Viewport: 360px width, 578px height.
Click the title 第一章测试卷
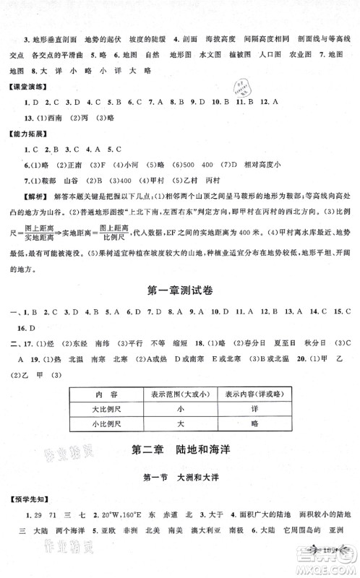click(x=179, y=291)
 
